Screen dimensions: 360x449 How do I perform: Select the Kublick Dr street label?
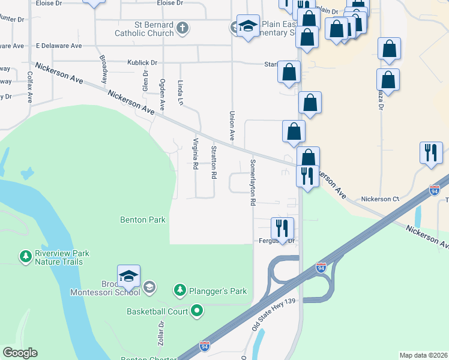(x=142, y=62)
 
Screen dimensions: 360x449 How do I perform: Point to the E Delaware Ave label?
(x=59, y=46)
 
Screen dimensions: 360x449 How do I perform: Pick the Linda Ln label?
(x=180, y=93)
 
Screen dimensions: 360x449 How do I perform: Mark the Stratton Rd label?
(x=213, y=162)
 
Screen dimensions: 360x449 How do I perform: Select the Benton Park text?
(x=143, y=220)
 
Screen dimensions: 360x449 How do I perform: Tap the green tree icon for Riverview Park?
(x=25, y=257)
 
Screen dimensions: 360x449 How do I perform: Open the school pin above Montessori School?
(x=128, y=276)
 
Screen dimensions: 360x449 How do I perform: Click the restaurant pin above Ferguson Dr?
(x=282, y=229)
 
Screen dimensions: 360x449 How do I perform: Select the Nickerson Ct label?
(x=380, y=199)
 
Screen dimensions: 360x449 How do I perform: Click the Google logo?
(x=20, y=353)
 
